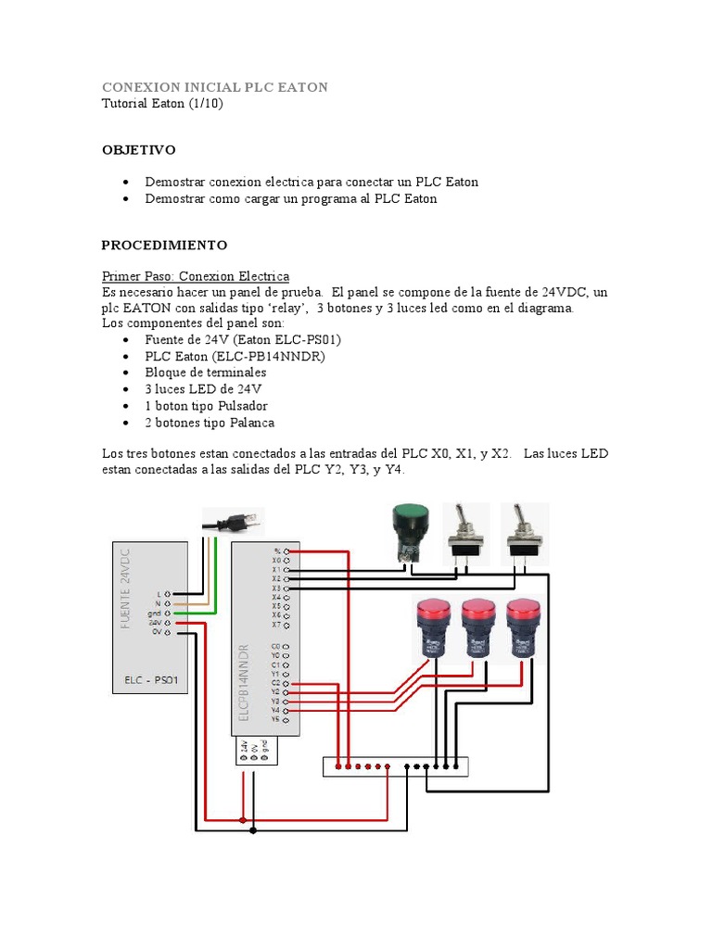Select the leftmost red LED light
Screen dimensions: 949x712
[x=432, y=626]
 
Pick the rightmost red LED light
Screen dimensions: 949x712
[x=523, y=626]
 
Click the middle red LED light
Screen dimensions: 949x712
[x=478, y=626]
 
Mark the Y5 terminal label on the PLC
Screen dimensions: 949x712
[x=275, y=719]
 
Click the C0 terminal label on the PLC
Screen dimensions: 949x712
[x=275, y=646]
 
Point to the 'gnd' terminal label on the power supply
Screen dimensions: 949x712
[x=155, y=614]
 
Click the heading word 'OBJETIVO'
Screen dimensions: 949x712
[x=138, y=150]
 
